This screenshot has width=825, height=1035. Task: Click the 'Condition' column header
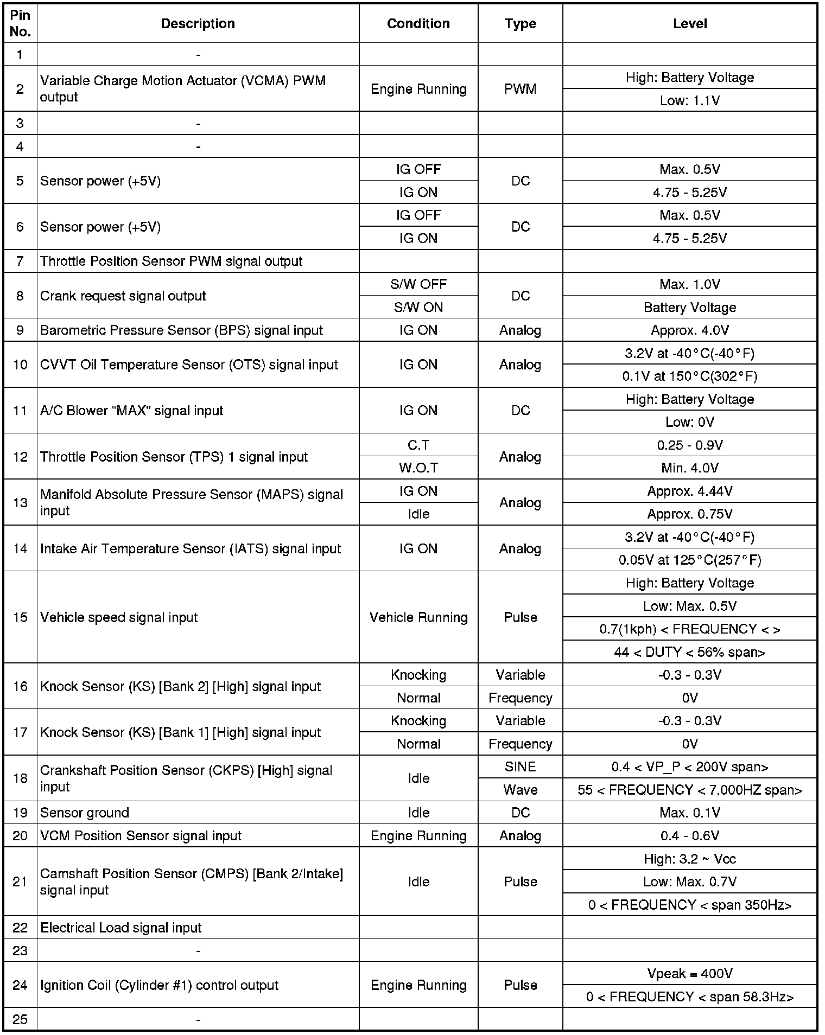click(418, 24)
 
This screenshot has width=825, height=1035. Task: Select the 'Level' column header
click(689, 24)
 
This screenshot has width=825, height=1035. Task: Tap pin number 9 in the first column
click(20, 330)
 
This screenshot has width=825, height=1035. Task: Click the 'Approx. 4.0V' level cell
click(689, 330)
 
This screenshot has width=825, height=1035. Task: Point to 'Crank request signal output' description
click(123, 296)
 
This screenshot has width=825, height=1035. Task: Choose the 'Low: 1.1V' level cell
click(689, 101)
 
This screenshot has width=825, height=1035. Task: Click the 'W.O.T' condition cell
click(418, 468)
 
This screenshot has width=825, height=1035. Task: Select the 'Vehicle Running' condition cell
click(418, 617)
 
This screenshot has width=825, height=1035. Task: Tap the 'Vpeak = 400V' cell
click(689, 974)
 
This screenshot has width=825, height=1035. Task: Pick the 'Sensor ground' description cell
click(85, 813)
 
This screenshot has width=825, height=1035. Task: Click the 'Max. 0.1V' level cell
click(689, 813)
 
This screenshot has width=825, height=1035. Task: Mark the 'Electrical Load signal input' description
click(121, 928)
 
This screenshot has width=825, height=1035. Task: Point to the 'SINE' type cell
click(520, 767)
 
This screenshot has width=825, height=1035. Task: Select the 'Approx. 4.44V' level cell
click(689, 491)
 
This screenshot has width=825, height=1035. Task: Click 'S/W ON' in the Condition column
click(418, 308)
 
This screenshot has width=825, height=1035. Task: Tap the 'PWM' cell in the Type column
click(520, 89)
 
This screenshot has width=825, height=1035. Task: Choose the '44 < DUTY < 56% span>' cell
click(689, 652)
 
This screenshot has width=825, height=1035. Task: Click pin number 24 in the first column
click(20, 985)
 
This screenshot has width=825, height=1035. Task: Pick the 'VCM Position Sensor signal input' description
click(141, 836)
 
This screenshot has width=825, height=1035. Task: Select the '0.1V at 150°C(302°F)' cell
click(689, 376)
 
